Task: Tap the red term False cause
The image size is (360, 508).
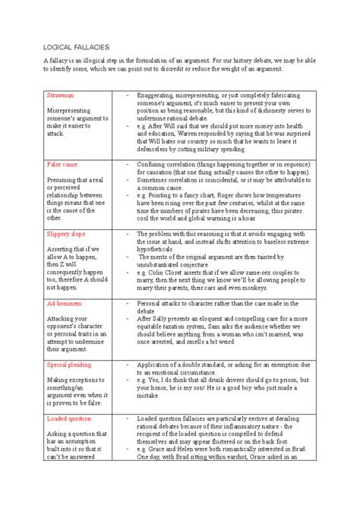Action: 63,164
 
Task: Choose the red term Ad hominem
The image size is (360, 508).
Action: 65,302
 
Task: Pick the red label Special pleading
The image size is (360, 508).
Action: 70,364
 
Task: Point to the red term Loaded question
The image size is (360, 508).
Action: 70,418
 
